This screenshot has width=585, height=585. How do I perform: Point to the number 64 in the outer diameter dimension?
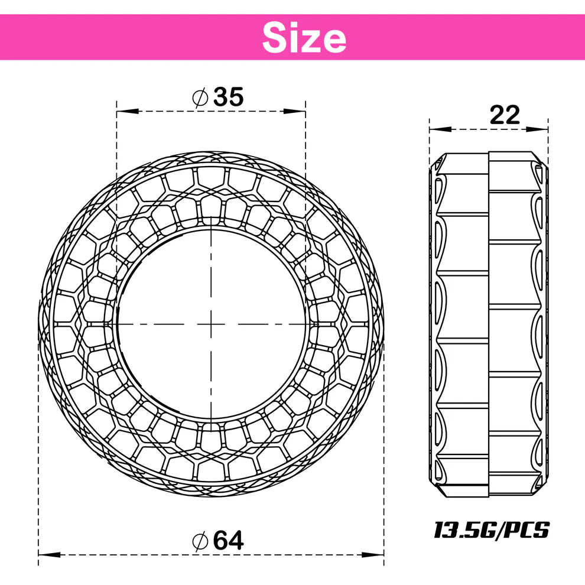[x=228, y=540]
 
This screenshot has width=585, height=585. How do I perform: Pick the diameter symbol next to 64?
[x=200, y=540]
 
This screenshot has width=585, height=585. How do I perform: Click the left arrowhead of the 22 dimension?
[x=437, y=129]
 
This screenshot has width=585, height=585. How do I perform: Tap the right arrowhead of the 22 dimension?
[x=541, y=129]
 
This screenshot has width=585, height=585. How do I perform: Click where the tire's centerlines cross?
[x=211, y=323]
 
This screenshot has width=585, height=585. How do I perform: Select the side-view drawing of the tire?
[x=489, y=323]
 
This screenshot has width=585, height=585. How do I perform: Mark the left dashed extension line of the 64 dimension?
[x=38, y=473]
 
